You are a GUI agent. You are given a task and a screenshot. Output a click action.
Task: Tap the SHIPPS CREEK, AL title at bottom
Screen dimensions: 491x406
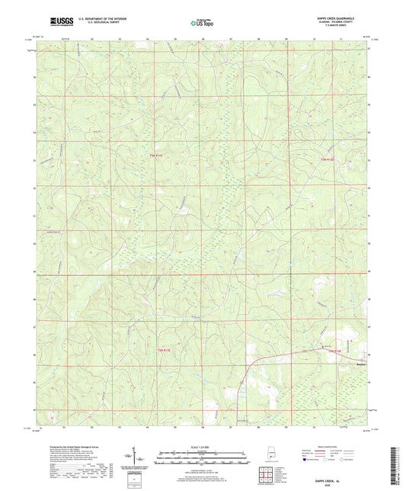tap(337, 473)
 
